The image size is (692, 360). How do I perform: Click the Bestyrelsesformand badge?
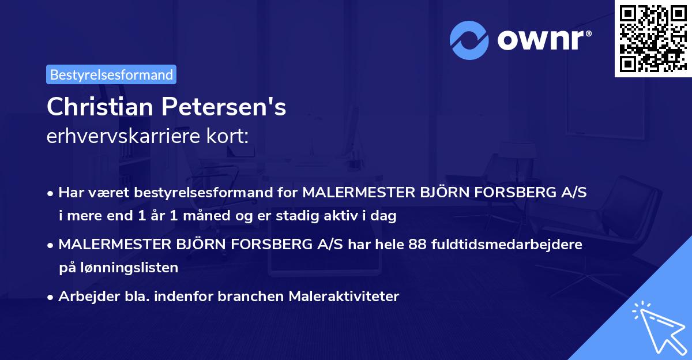pyautogui.click(x=111, y=74)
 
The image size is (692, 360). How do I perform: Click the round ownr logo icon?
pyautogui.click(x=469, y=40)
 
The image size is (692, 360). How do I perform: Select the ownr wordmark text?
pyautogui.click(x=543, y=40)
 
